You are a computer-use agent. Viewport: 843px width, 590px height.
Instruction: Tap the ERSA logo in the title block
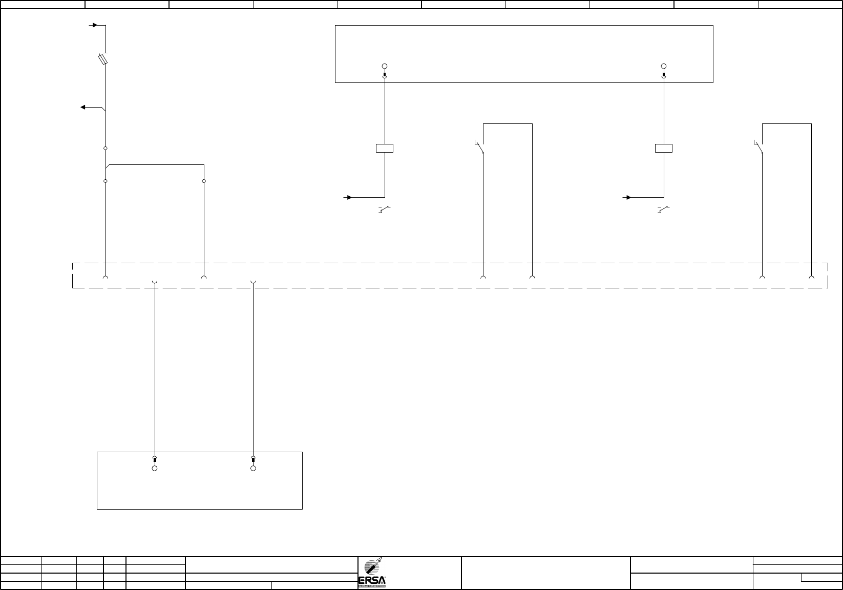[372, 574]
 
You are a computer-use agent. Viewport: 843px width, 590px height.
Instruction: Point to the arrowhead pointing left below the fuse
[83, 107]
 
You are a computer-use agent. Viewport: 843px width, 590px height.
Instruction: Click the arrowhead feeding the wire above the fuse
[94, 25]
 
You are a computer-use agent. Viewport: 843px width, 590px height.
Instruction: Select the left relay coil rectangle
[385, 149]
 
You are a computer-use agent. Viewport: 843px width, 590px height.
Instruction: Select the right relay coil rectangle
[664, 149]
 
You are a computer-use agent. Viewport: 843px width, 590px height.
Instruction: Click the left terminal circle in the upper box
[385, 66]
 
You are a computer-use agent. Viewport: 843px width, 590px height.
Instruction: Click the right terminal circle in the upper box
[664, 66]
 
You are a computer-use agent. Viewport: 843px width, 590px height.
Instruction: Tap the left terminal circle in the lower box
[155, 468]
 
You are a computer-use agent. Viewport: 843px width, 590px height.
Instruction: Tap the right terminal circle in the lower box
[253, 468]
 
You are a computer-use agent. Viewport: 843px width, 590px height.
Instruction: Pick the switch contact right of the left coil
[480, 147]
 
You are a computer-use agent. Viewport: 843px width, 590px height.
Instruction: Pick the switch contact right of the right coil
[759, 147]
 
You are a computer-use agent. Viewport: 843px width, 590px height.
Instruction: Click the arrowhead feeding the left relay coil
[350, 197]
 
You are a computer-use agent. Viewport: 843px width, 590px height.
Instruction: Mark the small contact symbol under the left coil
[385, 209]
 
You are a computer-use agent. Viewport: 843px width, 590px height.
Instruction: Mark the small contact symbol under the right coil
[664, 209]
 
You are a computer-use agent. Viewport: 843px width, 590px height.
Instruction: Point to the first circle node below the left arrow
[106, 148]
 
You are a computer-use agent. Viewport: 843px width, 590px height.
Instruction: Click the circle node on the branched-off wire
[204, 181]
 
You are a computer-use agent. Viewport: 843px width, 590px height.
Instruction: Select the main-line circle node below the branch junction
[106, 181]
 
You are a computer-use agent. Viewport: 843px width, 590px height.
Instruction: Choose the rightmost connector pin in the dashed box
[811, 278]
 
